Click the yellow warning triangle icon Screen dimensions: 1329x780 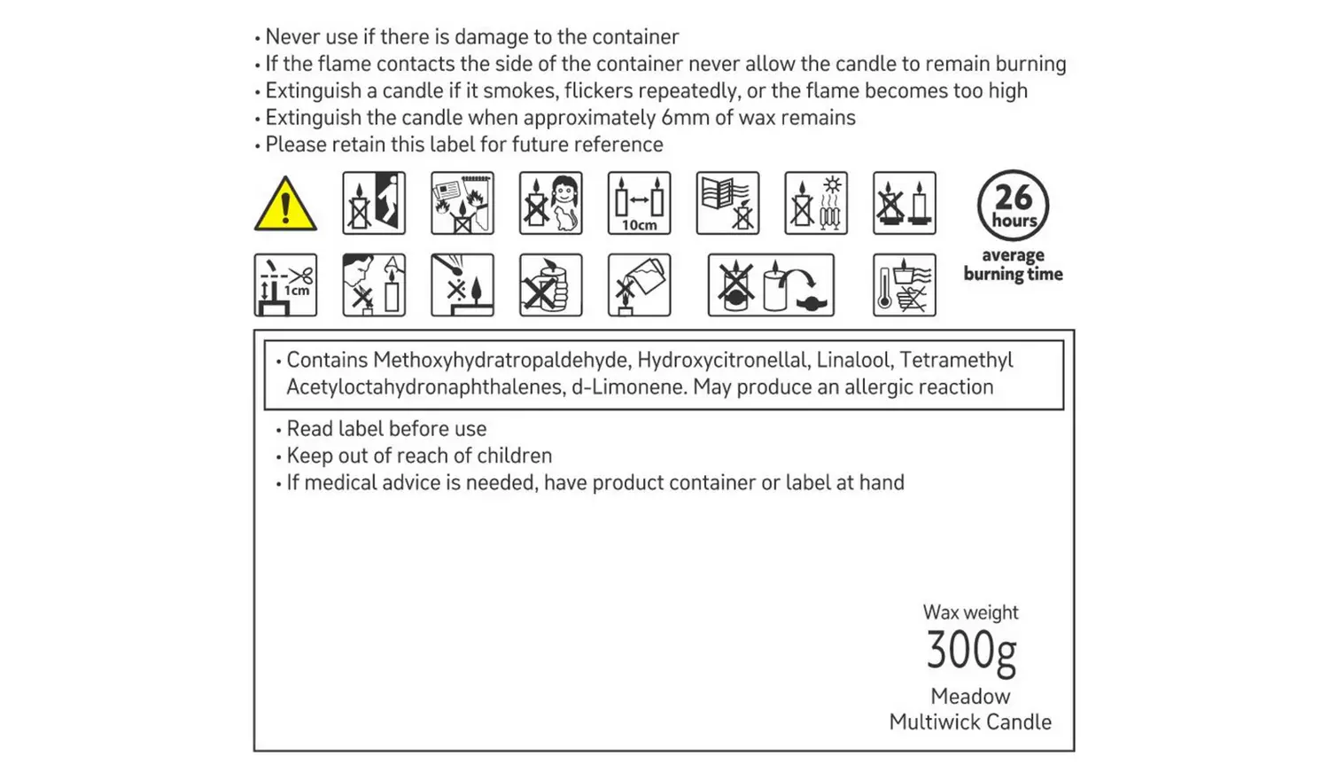pyautogui.click(x=285, y=205)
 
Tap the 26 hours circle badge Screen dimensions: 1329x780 pyautogui.click(x=1013, y=206)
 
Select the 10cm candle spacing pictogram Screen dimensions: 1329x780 pyautogui.click(x=639, y=203)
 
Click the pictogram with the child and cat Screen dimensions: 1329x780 pyautogui.click(x=550, y=203)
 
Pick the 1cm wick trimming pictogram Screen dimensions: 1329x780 pyautogui.click(x=285, y=285)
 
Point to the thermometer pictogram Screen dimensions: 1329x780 pyautogui.click(x=905, y=285)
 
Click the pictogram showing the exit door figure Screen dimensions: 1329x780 pyautogui.click(x=374, y=203)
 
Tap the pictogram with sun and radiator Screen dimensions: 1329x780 pyautogui.click(x=816, y=203)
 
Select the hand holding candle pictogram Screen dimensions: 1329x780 pyautogui.click(x=550, y=285)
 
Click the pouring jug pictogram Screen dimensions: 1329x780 pyautogui.click(x=639, y=285)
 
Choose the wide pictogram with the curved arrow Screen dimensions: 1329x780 pyautogui.click(x=771, y=285)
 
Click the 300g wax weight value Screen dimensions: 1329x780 pyautogui.click(x=971, y=651)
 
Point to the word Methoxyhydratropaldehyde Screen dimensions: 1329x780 pyautogui.click(x=501, y=361)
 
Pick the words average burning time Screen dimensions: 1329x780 pyautogui.click(x=1013, y=265)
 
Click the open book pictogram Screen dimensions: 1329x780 pyautogui.click(x=727, y=203)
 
